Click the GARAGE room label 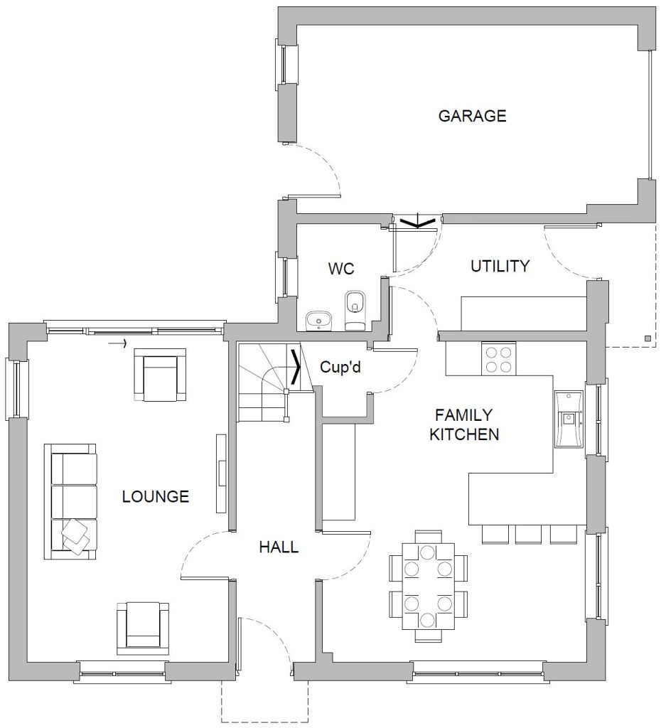point(472,116)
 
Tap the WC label point(341,268)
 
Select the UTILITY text point(500,266)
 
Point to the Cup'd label point(340,368)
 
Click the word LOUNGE point(156,497)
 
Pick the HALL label point(279,547)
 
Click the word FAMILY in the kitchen point(463,414)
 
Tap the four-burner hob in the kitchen point(498,358)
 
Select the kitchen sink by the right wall point(569,419)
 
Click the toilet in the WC point(355,311)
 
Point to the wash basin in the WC point(319,321)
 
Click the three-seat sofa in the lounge point(70,502)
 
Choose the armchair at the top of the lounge point(160,375)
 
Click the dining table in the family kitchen point(428,587)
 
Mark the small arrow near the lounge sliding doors point(117,343)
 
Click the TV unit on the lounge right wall point(222,473)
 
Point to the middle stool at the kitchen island point(528,535)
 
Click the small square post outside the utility point(647,338)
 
